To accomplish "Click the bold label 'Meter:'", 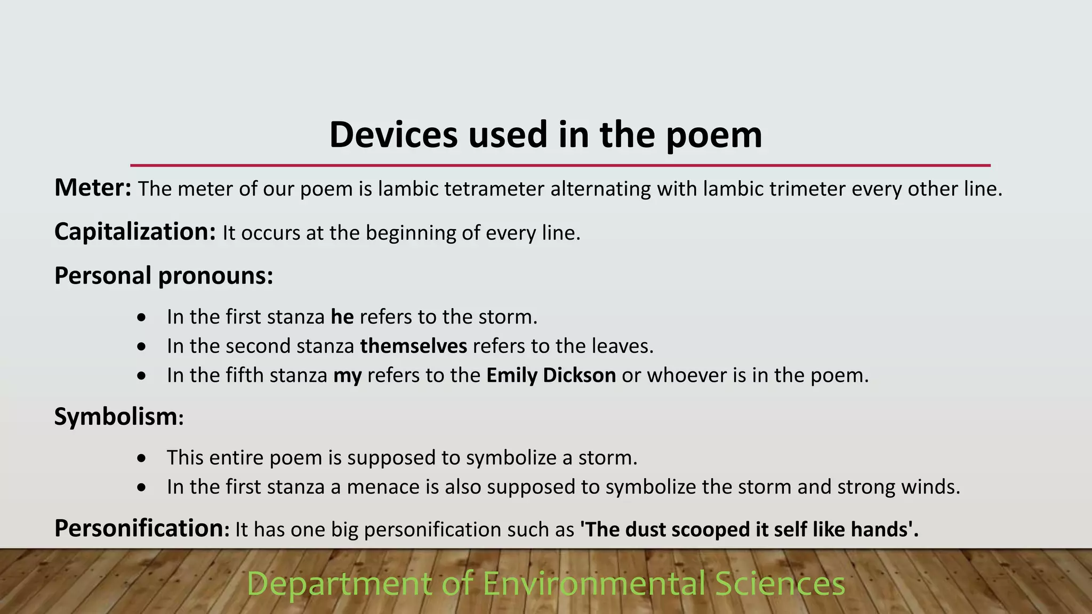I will pos(93,188).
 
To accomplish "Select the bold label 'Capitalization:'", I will pos(135,232).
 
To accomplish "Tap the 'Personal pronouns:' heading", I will pos(164,276).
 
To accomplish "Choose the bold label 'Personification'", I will pos(139,529).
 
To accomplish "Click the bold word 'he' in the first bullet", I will pos(342,317).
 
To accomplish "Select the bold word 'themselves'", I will pos(414,346).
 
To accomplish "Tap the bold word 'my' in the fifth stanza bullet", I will pos(348,376).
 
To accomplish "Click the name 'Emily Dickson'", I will pos(551,376).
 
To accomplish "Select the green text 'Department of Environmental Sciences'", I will pos(546,584).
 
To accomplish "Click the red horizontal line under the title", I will pos(560,166).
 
